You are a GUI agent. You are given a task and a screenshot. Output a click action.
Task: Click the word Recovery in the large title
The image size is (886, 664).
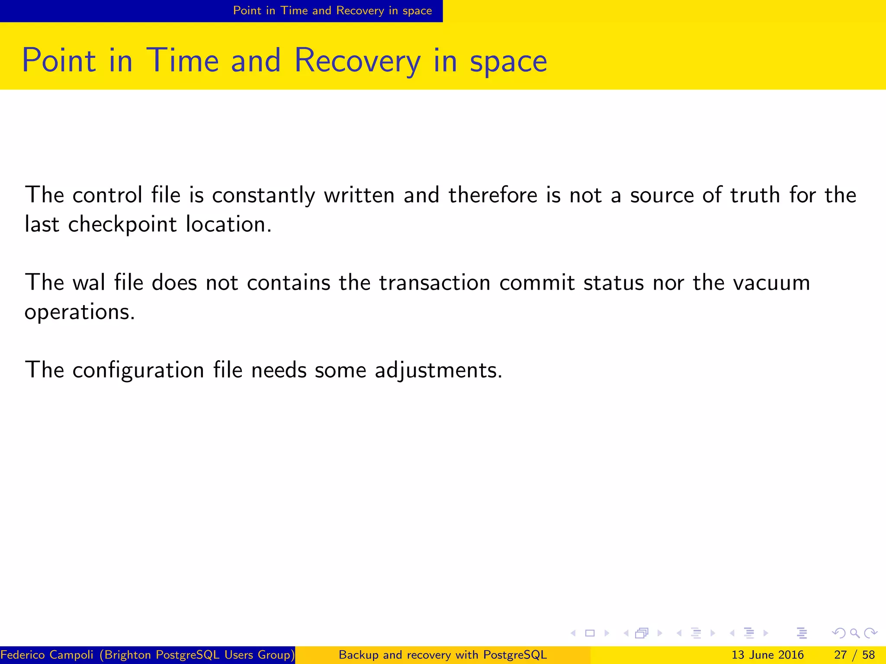357,61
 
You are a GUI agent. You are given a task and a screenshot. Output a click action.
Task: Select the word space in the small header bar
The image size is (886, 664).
417,11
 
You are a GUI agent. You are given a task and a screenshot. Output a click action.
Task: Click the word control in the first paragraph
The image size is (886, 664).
107,195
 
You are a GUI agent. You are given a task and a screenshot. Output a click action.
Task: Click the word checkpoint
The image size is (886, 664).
122,225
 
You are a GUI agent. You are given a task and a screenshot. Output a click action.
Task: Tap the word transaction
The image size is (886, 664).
435,283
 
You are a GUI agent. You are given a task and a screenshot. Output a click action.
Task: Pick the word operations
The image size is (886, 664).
80,312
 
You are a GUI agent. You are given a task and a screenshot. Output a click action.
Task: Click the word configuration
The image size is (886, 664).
138,370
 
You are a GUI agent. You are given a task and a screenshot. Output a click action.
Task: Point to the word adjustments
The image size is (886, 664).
438,370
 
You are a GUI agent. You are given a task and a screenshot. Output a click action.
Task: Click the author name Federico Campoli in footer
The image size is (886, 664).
47,655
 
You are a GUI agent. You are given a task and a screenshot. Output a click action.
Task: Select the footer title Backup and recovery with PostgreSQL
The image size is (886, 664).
443,655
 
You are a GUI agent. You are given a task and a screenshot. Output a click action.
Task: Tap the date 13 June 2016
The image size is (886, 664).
767,655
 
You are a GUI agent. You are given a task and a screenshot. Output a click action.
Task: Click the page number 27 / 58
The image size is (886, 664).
854,655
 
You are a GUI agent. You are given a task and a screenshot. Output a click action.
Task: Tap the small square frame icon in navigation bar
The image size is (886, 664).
590,633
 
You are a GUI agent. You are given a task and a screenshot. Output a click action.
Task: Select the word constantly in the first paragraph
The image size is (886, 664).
263,195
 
